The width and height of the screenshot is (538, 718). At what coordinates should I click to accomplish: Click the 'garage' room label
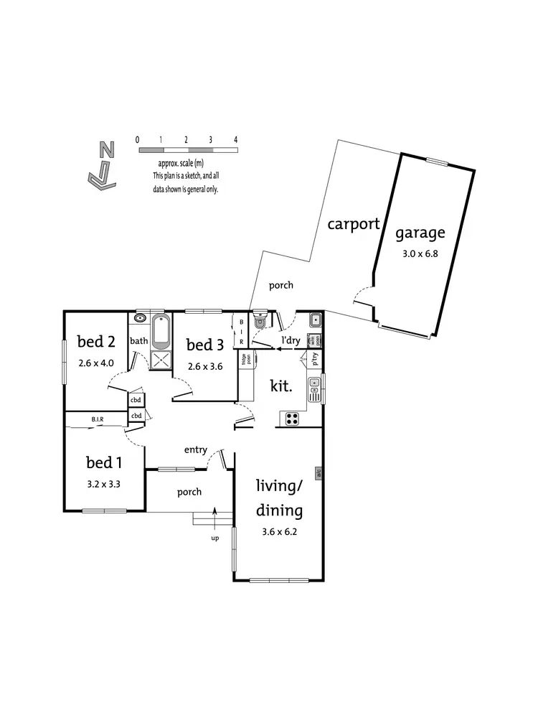coord(420,233)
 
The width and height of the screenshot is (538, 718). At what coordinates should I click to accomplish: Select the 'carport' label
coord(353,223)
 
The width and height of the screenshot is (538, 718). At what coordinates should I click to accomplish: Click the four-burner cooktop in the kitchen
coord(293,419)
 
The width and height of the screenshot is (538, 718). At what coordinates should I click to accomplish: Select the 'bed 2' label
coord(96,341)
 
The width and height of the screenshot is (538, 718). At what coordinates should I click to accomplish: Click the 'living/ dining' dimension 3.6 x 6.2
coord(279,533)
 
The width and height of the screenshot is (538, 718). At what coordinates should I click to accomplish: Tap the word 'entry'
coord(195,450)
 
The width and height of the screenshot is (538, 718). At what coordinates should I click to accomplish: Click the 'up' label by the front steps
coord(214,538)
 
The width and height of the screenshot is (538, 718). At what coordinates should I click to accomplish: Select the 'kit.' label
coord(280,386)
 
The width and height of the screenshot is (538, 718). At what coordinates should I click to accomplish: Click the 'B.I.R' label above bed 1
coord(98,419)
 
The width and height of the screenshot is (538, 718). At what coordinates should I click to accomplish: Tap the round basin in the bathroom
coord(140,317)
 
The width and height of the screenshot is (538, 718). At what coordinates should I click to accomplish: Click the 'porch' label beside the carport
coord(280,285)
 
